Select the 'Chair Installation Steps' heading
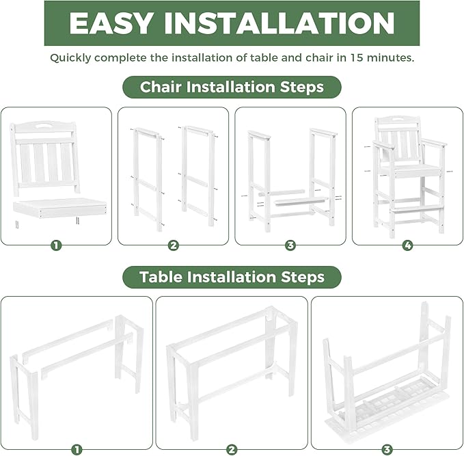232,87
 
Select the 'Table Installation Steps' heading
232,277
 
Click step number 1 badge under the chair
56,245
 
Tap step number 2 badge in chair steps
174,245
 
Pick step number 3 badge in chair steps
290,245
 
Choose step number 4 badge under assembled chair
407,245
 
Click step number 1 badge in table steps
77,449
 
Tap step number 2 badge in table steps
232,449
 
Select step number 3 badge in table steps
387,449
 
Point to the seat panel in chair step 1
60,206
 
